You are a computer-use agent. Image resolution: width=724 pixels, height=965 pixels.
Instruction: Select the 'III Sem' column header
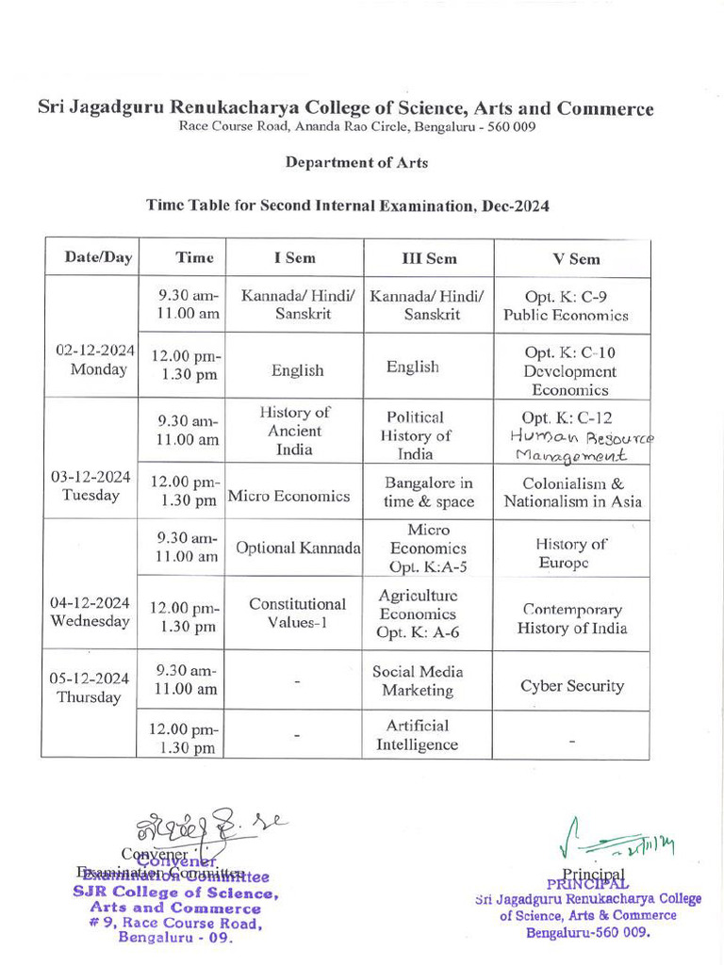[427, 258]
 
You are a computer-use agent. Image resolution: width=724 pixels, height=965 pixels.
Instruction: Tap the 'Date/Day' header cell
[98, 257]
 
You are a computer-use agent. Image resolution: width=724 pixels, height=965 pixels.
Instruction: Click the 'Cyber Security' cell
[572, 685]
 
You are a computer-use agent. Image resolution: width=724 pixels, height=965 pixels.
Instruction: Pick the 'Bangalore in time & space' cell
[428, 492]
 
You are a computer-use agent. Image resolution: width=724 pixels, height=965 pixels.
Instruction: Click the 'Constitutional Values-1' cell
[297, 613]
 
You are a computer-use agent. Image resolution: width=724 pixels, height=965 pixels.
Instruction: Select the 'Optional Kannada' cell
[298, 548]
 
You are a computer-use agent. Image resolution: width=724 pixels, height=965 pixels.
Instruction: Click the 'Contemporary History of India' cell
[571, 619]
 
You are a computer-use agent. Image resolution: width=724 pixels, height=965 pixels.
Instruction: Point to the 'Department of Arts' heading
[356, 162]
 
